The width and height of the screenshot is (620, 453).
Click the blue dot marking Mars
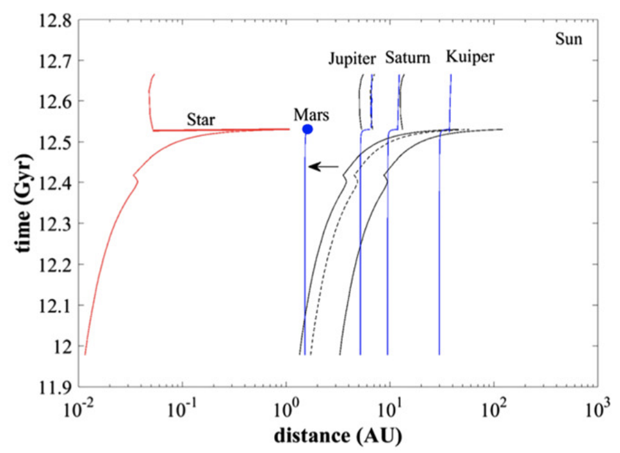[307, 129]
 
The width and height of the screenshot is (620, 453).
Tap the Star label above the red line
[200, 119]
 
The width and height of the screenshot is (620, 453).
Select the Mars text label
[311, 115]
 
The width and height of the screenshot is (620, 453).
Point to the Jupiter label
[352, 59]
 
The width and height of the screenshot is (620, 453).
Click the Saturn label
[407, 58]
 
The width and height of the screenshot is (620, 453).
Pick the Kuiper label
[470, 58]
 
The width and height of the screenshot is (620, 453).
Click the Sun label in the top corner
[569, 40]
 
